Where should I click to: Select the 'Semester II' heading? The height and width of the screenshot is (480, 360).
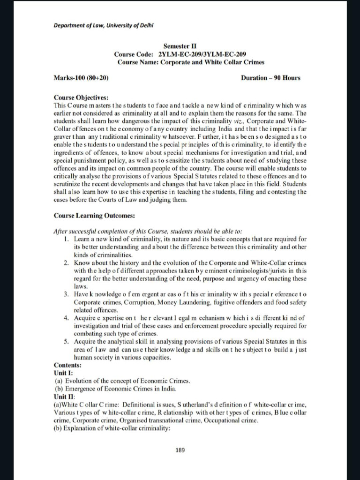pyautogui.click(x=177, y=46)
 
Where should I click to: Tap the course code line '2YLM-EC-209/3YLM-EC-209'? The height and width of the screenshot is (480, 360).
pyautogui.click(x=199, y=54)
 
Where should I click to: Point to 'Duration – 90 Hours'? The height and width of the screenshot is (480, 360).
pyautogui.click(x=270, y=78)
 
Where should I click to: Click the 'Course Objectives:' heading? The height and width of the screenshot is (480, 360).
pyautogui.click(x=81, y=98)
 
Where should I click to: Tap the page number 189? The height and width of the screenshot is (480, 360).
pyautogui.click(x=180, y=450)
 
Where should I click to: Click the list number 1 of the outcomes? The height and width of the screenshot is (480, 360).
pyautogui.click(x=67, y=239)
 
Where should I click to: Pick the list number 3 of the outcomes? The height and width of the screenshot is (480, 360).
pyautogui.click(x=67, y=294)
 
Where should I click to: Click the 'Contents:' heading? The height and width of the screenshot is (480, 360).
pyautogui.click(x=68, y=365)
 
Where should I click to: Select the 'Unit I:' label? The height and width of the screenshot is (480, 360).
pyautogui.click(x=64, y=373)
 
